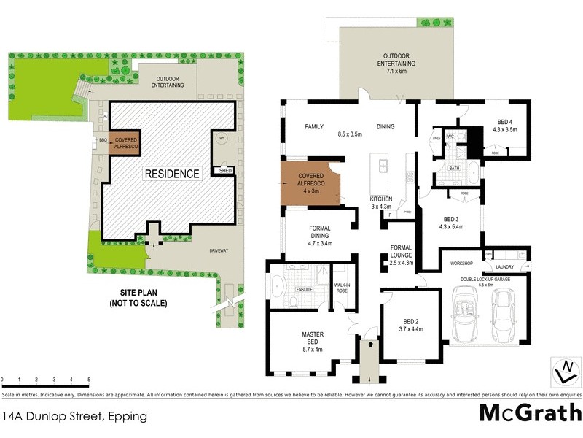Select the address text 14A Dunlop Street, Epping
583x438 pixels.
pyautogui.click(x=75, y=417)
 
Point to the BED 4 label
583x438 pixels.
pyautogui.click(x=504, y=126)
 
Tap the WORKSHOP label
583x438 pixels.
pyautogui.click(x=462, y=263)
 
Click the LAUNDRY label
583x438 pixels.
pyautogui.click(x=514, y=267)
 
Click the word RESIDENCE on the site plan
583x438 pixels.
pyautogui.click(x=171, y=174)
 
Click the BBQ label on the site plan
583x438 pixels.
pyautogui.click(x=102, y=139)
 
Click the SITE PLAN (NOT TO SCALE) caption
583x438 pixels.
pyautogui.click(x=138, y=298)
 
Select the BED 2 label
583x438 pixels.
pyautogui.click(x=412, y=326)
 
